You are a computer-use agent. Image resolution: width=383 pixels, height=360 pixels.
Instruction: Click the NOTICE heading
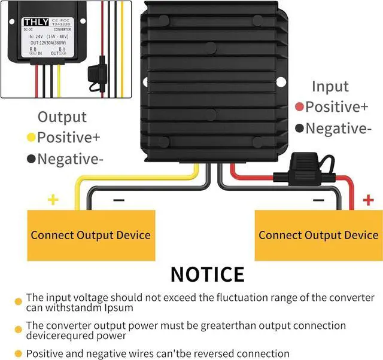click(207, 274)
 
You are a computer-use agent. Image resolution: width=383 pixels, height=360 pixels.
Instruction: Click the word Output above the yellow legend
click(62, 117)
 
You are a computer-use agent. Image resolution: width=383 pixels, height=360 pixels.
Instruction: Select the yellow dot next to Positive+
click(30, 138)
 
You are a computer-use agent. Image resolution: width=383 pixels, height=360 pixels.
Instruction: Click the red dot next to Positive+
click(299, 108)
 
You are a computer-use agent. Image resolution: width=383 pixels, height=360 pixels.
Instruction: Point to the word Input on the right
click(330, 86)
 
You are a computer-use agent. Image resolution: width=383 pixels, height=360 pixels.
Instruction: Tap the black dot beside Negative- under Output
click(30, 159)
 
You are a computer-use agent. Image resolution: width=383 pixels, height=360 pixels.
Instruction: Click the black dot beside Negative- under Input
click(299, 129)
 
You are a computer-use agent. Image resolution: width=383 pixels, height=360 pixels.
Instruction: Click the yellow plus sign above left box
click(53, 199)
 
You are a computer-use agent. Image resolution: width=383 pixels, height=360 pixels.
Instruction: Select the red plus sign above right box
click(369, 199)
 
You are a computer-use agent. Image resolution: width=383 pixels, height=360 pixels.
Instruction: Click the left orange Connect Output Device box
click(90, 235)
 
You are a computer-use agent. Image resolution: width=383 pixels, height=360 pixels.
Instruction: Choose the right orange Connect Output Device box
click(318, 235)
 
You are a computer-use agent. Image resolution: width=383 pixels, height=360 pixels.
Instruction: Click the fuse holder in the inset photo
click(96, 74)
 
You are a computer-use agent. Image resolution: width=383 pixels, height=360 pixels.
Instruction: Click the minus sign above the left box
click(119, 200)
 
